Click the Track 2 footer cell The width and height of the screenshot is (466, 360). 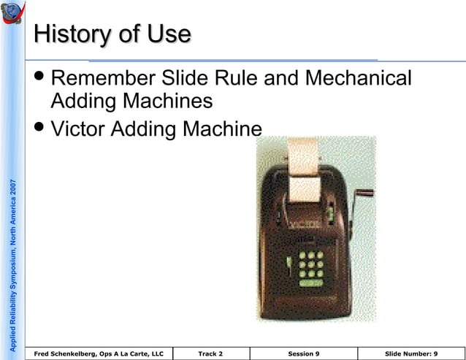pyautogui.click(x=210, y=353)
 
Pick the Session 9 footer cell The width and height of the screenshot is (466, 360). pyautogui.click(x=303, y=353)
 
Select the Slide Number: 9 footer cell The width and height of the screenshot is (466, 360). pyautogui.click(x=410, y=353)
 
